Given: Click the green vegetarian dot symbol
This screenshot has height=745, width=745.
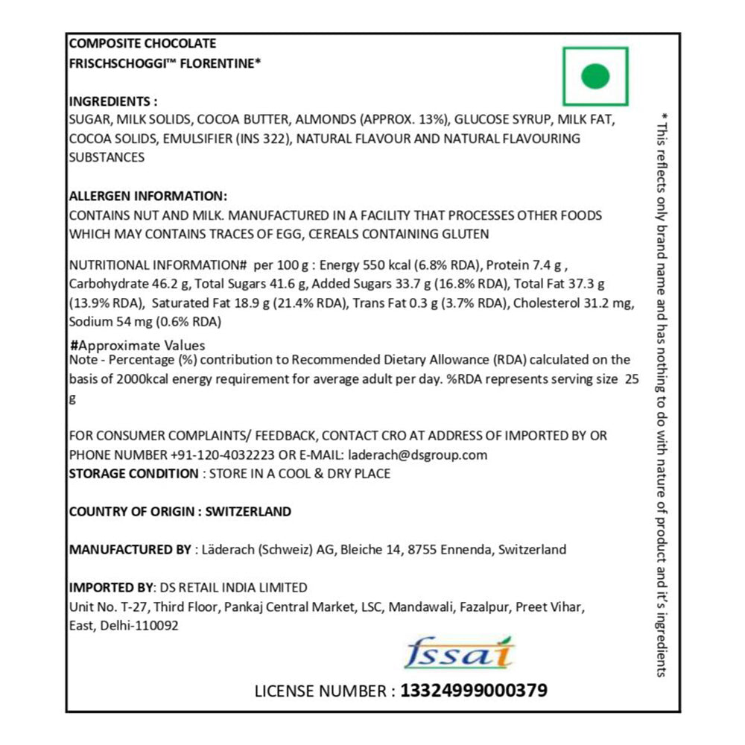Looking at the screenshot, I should coord(595,76).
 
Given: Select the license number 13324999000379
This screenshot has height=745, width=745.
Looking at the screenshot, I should coord(474,691).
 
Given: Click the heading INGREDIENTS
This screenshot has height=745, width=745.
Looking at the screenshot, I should coord(112,101).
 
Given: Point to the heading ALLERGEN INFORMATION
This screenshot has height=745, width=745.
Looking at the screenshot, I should coord(148,196).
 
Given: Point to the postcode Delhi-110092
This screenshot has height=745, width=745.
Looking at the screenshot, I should coord(136,627).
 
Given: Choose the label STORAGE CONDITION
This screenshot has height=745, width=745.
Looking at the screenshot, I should coord(133,474).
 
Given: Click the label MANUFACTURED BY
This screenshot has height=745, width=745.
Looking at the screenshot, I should coord(130,550).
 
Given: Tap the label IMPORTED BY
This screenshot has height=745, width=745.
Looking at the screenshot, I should coord(109,588).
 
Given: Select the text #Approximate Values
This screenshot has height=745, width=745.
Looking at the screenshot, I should coord(137,346).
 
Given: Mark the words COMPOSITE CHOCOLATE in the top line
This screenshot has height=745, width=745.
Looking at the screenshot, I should coord(142,44).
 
